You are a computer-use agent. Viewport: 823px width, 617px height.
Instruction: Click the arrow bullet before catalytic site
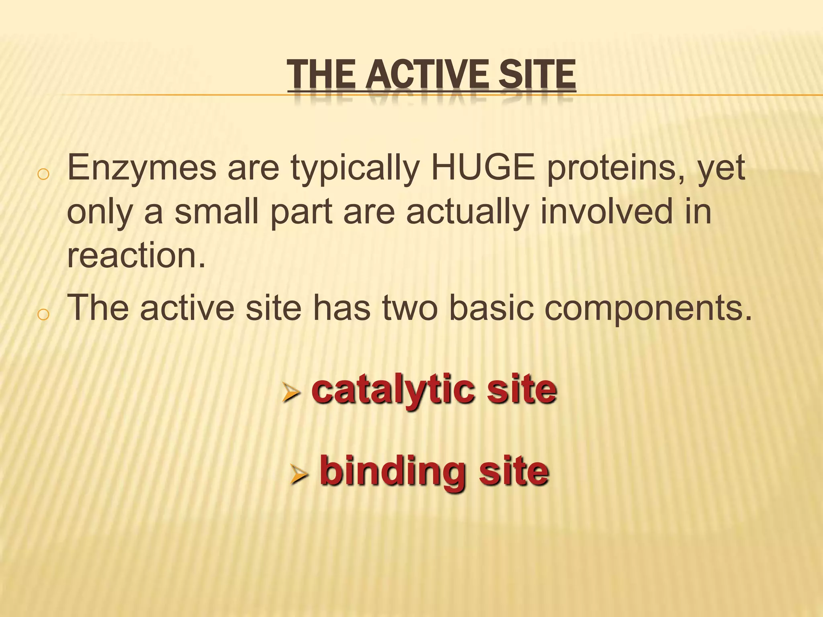pos(291,392)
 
